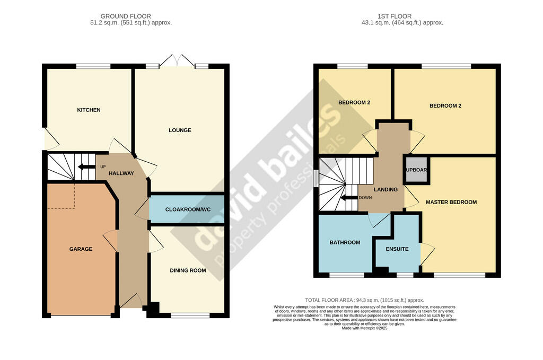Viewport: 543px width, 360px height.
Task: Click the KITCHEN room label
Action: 89,110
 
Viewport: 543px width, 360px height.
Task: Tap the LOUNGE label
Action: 180,130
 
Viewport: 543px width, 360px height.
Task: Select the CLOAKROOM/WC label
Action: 188,209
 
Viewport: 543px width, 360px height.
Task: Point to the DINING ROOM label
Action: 188,270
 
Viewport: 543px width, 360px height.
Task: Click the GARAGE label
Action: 81,249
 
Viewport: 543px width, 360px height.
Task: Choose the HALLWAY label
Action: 121,173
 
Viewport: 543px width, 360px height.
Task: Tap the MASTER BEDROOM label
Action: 451,202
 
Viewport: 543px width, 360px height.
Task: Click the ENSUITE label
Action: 397,249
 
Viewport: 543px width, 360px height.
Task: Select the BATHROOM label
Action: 345,242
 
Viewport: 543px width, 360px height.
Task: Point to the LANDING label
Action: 386,189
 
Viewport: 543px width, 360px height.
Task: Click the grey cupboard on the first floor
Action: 417,170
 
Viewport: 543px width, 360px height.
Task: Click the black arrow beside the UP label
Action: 86,167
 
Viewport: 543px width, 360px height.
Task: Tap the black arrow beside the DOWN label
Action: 349,198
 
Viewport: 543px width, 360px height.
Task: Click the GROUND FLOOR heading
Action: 126,16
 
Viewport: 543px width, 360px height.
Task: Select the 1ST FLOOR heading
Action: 395,16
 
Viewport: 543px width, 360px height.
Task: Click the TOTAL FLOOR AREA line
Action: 364,300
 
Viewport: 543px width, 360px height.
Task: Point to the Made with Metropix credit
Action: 364,328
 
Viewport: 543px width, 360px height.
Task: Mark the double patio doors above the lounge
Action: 177,60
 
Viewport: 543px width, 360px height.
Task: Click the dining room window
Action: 190,315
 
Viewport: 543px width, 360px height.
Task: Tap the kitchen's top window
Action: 93,66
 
